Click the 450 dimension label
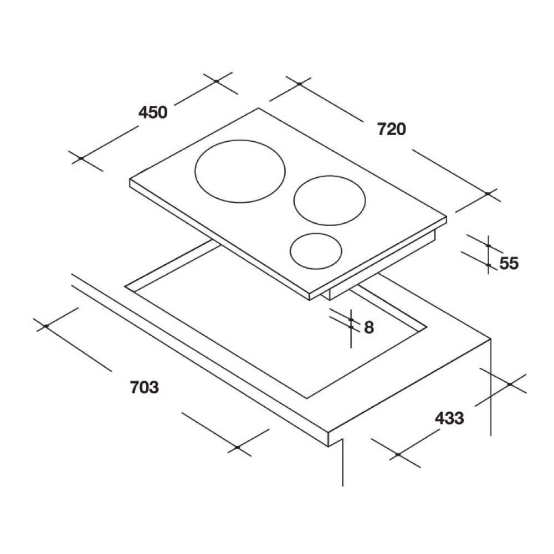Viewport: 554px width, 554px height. tap(153, 112)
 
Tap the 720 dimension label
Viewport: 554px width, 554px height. tap(392, 129)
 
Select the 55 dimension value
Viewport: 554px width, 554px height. tap(509, 263)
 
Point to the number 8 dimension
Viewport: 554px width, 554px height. tap(369, 327)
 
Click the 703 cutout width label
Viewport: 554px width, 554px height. tap(145, 387)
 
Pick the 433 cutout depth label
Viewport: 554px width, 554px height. tap(449, 418)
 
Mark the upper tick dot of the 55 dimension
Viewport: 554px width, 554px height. tap(489, 245)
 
